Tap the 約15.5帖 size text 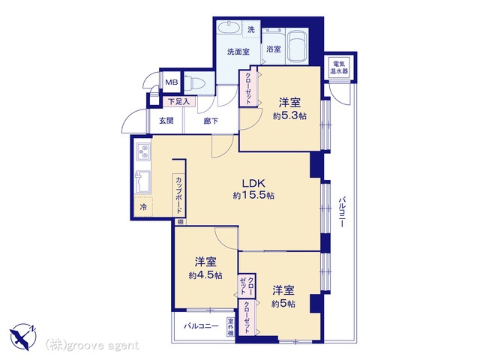253,195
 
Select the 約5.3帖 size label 290,115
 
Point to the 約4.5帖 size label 205,275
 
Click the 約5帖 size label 283,303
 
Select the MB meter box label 172,82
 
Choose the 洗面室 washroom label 238,52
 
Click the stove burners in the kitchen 142,154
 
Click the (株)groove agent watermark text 92,345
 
